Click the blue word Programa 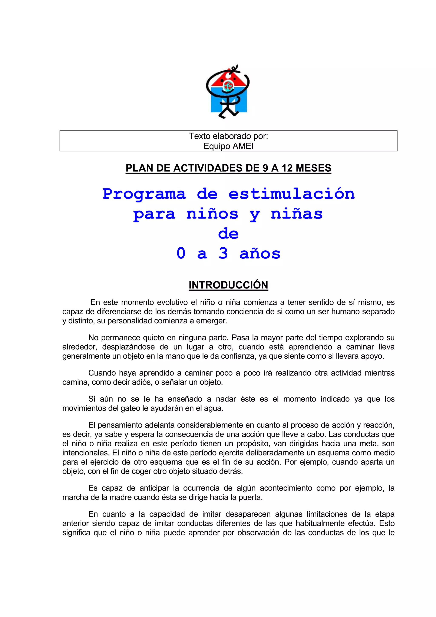click(x=144, y=194)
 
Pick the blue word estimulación click(x=291, y=194)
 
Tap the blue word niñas click(x=297, y=214)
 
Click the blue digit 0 click(x=181, y=253)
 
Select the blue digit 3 click(x=223, y=253)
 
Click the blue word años click(x=260, y=253)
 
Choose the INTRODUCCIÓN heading click(x=228, y=285)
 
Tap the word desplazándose click(x=128, y=347)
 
